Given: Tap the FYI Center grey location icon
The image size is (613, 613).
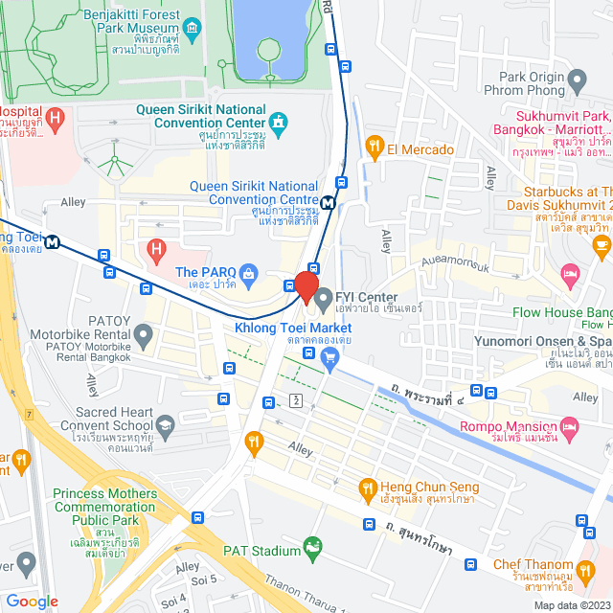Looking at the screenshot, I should tap(324, 296).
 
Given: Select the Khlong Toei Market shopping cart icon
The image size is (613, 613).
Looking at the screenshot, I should tap(329, 359).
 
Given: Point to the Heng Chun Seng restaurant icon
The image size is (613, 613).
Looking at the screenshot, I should tap(367, 490).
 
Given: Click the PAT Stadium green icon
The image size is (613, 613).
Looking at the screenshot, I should tap(311, 548).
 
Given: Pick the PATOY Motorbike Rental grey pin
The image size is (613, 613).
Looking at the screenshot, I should tap(144, 335).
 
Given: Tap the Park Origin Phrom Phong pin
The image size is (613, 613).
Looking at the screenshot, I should tap(577, 79).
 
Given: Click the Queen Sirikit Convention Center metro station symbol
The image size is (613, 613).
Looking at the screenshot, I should tap(329, 202).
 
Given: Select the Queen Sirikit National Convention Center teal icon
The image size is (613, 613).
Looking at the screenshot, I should tap(278, 122).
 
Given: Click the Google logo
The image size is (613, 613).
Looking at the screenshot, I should tap(32, 601).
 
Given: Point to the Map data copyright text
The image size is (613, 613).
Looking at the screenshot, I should tap(571, 605).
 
